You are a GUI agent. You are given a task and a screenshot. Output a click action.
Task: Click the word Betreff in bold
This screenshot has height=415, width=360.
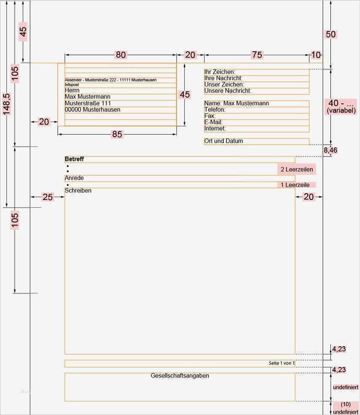tap(74, 159)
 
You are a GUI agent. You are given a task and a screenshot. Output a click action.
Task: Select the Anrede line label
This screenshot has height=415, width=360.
tap(74, 178)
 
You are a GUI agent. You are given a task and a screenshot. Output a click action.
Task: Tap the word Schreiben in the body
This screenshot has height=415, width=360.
tap(78, 191)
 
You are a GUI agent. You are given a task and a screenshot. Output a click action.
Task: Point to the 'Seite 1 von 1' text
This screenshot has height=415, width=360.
tap(282, 363)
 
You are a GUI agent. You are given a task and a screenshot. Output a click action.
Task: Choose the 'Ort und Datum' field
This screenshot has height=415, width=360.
tap(224, 141)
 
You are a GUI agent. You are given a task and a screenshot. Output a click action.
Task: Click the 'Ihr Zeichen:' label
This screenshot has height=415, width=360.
tap(220, 72)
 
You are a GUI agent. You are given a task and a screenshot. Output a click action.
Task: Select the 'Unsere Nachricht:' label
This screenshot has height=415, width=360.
tap(228, 91)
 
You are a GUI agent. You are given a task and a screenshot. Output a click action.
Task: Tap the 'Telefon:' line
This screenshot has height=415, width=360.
tap(215, 110)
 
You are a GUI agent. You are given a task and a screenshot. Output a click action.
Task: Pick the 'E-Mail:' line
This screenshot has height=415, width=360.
tap(214, 122)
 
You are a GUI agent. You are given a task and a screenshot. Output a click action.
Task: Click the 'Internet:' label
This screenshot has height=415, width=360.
tap(215, 128)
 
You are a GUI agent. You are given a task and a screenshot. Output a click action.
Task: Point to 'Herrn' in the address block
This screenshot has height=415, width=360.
tap(73, 90)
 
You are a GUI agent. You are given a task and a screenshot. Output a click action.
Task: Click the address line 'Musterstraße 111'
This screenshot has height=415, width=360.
tap(88, 103)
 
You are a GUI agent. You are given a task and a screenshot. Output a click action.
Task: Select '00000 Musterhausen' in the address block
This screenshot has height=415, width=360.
tap(92, 110)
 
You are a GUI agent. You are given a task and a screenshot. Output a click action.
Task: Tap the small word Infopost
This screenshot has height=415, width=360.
tap(73, 84)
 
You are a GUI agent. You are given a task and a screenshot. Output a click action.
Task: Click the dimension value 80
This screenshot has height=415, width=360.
tap(121, 55)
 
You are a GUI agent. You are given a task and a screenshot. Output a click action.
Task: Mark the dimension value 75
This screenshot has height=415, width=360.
tap(257, 55)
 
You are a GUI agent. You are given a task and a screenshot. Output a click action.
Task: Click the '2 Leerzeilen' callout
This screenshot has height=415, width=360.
tap(297, 170)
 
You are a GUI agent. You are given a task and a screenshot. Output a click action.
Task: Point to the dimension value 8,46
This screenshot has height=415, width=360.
tap(330, 150)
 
